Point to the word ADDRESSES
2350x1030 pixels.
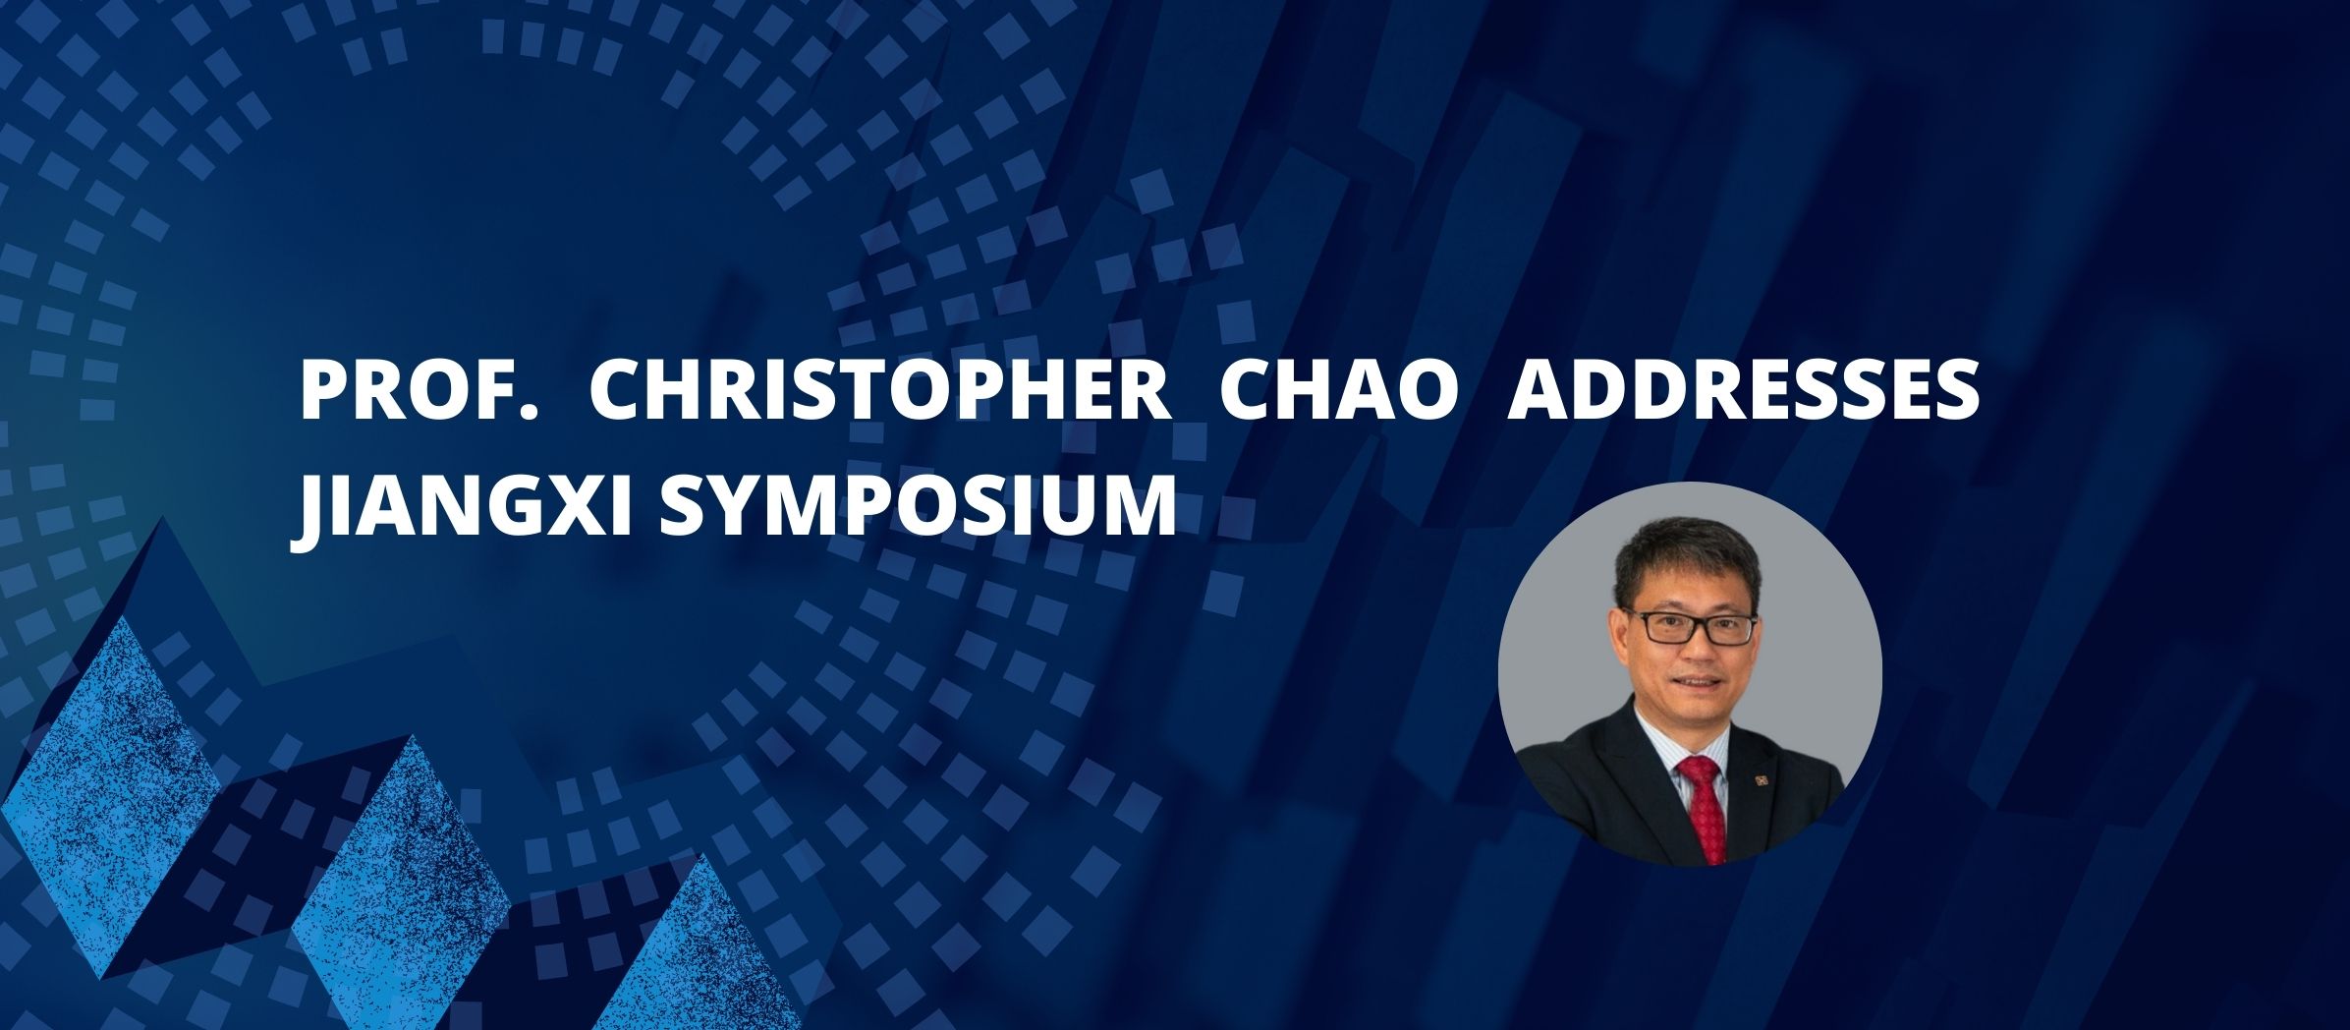coord(1744,391)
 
